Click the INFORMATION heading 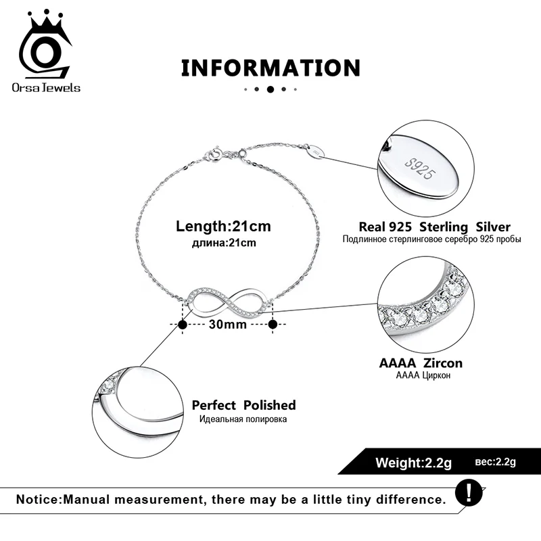270,68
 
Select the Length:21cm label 223,226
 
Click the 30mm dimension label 227,325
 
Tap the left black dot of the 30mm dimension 182,325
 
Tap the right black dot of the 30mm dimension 273,325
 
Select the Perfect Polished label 243,405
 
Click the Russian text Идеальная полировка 243,419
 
